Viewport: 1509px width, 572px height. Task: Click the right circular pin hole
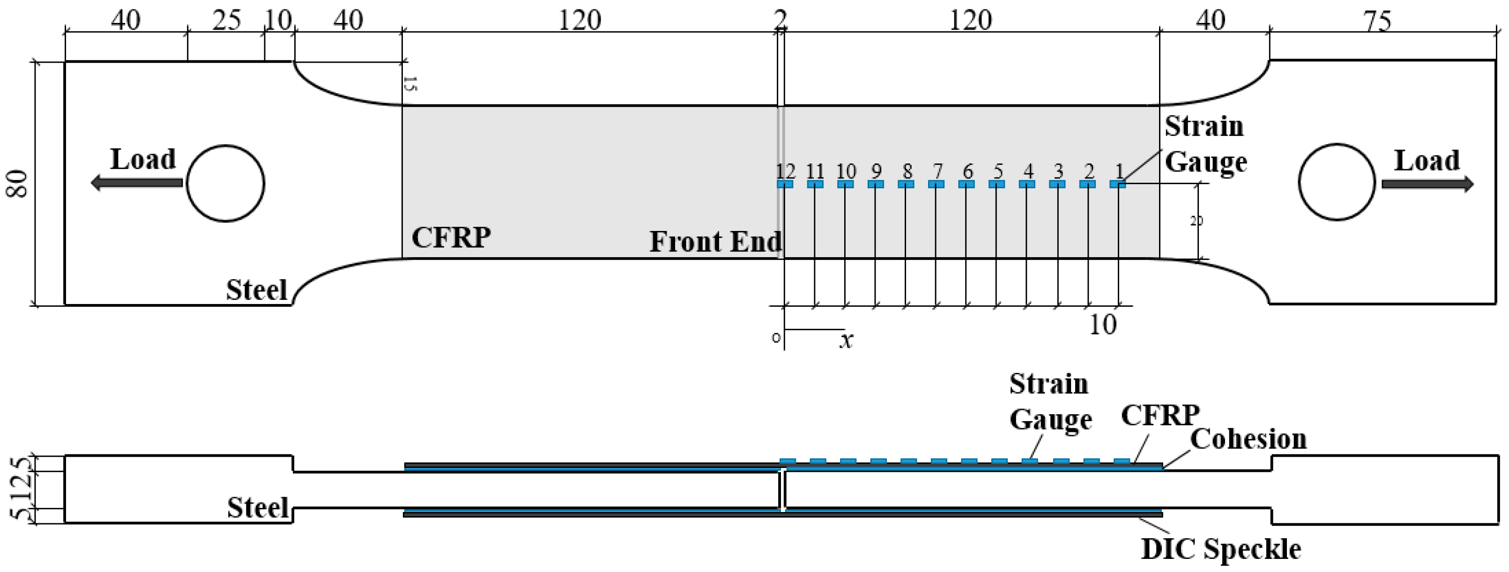[x=1336, y=182]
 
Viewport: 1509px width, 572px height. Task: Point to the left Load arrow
[x=136, y=183]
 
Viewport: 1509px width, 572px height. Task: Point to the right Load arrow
[x=1427, y=184]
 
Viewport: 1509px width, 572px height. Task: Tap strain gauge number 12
[x=785, y=184]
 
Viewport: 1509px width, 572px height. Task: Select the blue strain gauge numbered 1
[x=1118, y=184]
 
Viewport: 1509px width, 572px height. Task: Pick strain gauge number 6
[x=966, y=184]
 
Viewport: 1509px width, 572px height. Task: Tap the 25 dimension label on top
[x=226, y=21]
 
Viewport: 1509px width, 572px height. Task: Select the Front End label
[x=715, y=241]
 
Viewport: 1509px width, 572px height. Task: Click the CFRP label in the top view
[x=451, y=238]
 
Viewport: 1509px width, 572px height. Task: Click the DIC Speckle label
[x=1221, y=549]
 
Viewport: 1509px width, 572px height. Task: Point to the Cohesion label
[x=1249, y=439]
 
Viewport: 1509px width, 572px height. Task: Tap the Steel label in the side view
[x=258, y=507]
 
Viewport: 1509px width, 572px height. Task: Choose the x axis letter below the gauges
[x=846, y=340]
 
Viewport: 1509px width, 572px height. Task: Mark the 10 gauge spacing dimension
[x=1102, y=325]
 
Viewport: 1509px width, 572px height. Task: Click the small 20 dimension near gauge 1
[x=1197, y=221]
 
